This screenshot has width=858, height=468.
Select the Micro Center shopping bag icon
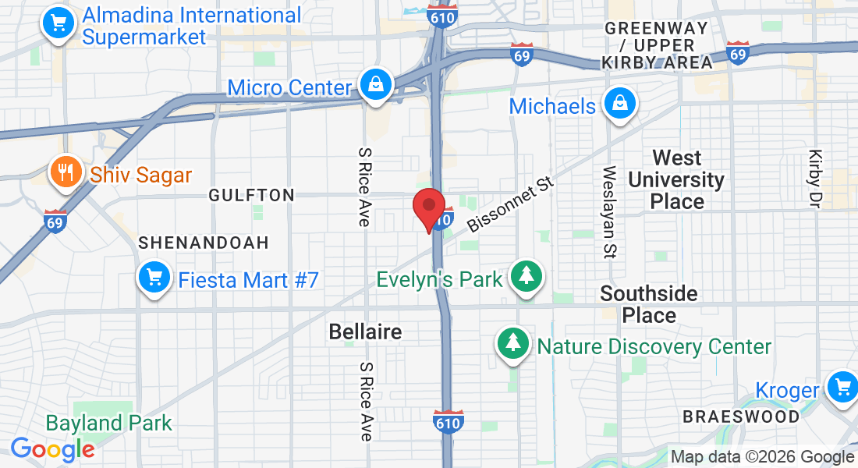click(376, 85)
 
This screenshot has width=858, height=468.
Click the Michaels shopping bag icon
click(619, 104)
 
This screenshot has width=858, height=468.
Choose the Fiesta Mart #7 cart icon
click(154, 278)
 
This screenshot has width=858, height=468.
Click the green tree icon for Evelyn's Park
click(527, 277)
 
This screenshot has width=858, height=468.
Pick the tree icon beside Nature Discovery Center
click(512, 344)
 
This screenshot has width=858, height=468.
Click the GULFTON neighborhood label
click(252, 196)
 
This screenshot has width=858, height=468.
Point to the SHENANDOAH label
click(204, 243)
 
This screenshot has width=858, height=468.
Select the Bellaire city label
click(365, 331)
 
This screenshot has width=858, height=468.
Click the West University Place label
click(677, 180)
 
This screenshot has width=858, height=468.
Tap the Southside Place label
click(649, 304)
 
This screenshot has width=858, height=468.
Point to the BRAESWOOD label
click(741, 417)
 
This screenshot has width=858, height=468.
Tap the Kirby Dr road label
click(816, 179)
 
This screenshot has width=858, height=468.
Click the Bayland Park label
click(108, 424)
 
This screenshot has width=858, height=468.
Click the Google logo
click(52, 449)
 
